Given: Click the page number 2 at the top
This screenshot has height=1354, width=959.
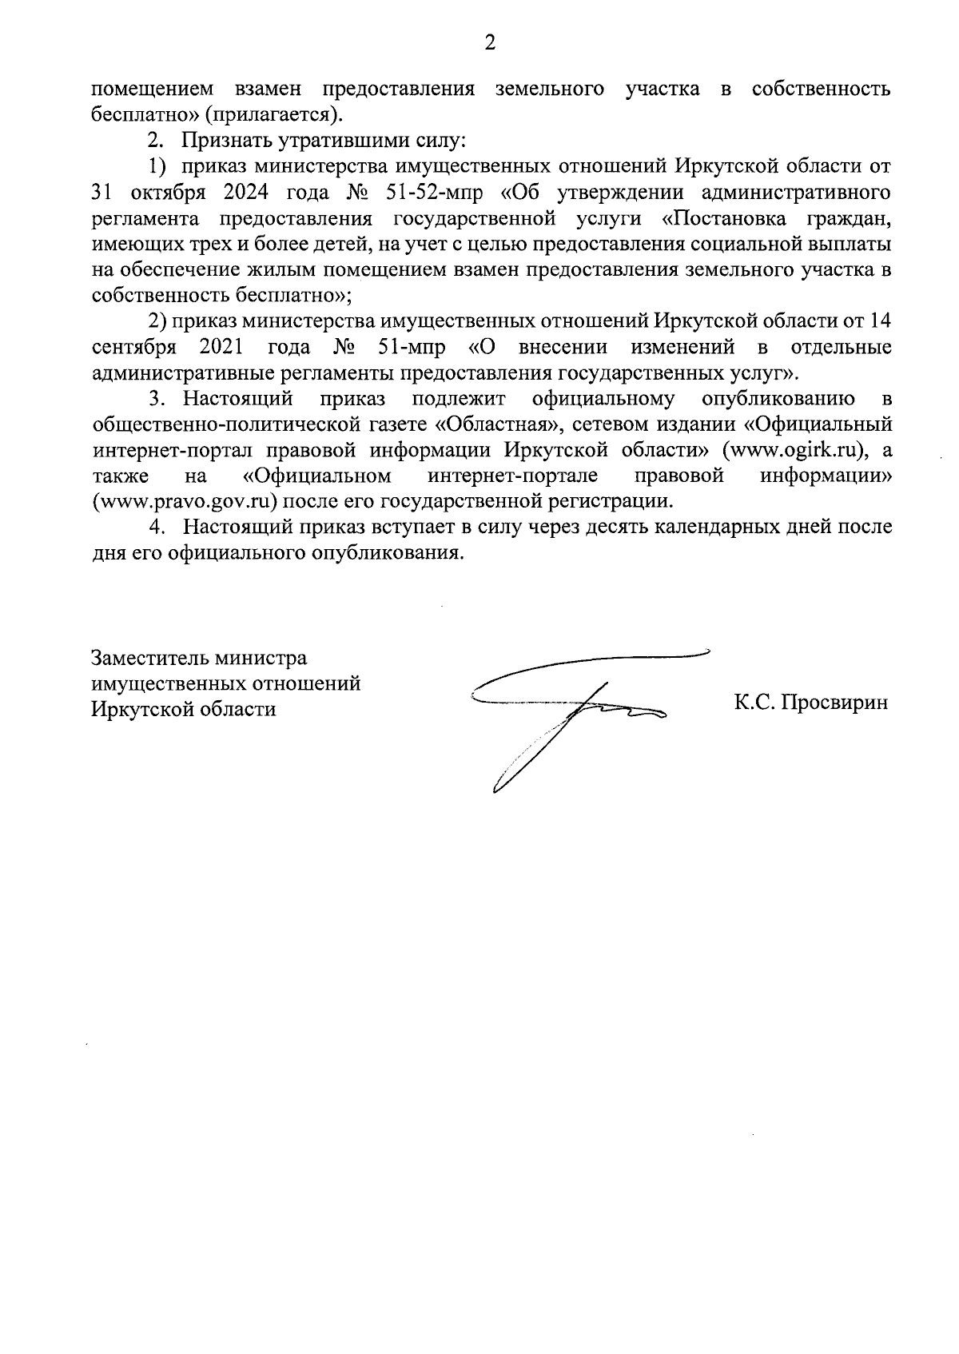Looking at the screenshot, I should pos(490,43).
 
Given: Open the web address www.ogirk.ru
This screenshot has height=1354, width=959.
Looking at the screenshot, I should pos(794,450).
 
